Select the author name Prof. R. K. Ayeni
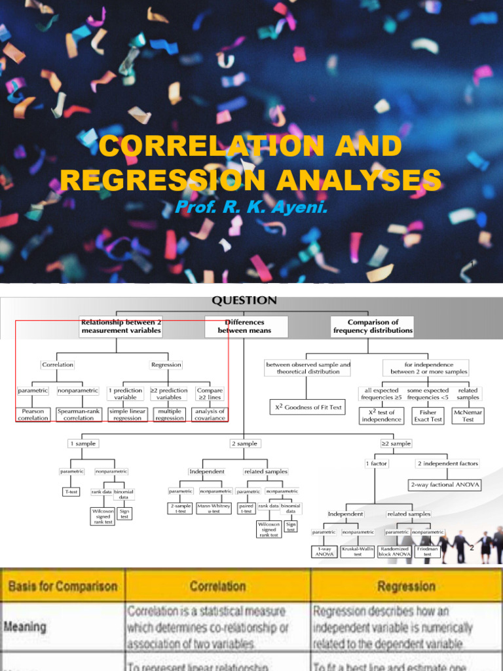(251, 208)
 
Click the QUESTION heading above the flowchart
(244, 301)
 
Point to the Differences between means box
(245, 326)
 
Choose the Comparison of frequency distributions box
(373, 326)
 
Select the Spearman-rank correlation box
(79, 414)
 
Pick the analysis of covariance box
(210, 414)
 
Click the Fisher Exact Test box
(428, 415)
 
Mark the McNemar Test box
(468, 415)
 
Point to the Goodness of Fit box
(307, 407)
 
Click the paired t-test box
(247, 508)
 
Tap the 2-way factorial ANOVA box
(444, 485)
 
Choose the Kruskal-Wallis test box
(358, 552)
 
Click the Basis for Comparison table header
(63, 586)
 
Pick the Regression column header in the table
(406, 586)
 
